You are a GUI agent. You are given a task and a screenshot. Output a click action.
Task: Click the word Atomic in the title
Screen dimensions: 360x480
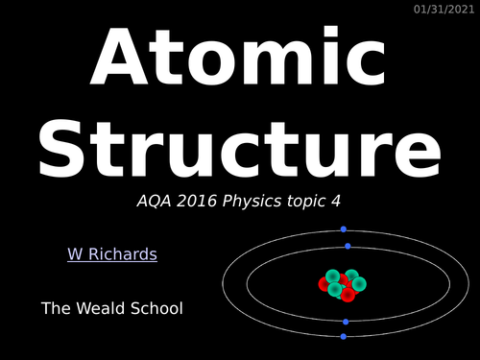[x=240, y=60]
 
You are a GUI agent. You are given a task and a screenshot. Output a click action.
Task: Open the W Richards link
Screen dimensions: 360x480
[x=111, y=254]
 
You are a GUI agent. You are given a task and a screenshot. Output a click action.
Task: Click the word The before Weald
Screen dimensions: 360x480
[x=55, y=308]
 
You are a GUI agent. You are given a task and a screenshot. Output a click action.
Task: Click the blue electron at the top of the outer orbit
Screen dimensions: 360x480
[x=344, y=229]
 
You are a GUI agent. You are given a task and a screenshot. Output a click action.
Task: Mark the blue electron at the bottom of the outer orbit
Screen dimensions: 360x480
[x=345, y=337]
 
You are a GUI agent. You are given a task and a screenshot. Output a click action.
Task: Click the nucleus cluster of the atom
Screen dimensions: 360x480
[x=343, y=284]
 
